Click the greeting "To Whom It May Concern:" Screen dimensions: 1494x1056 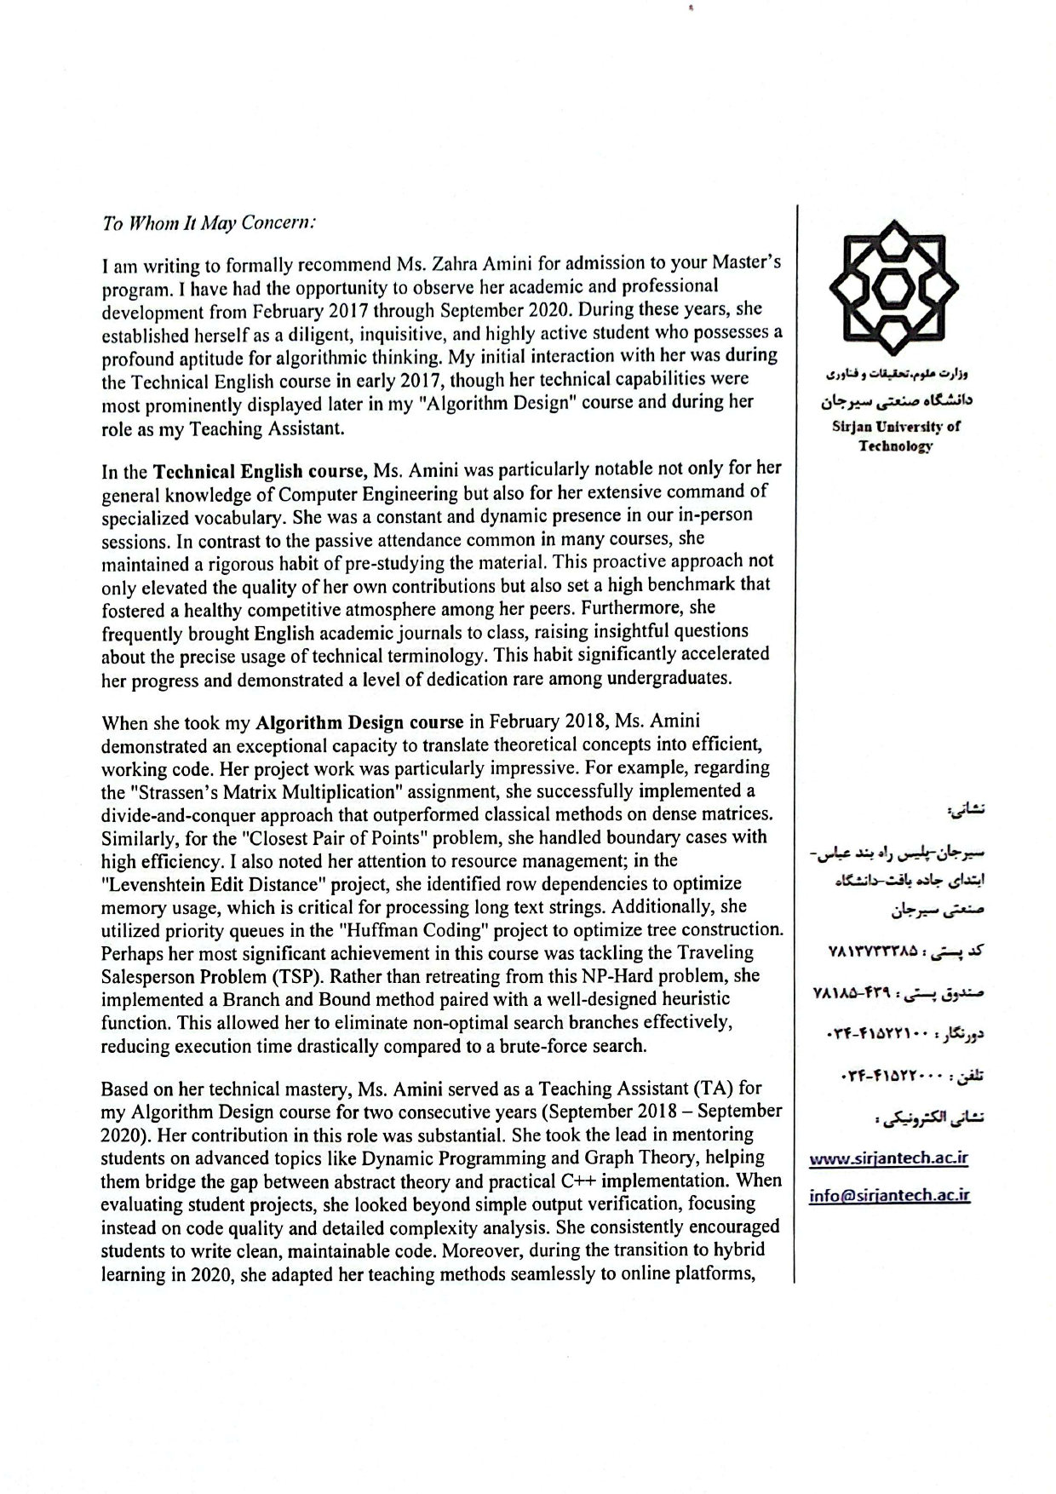click(x=209, y=223)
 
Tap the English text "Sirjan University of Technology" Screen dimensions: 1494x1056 click(x=895, y=435)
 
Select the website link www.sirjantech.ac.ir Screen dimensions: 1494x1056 click(x=888, y=1158)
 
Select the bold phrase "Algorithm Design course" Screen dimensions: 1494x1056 click(x=359, y=723)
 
